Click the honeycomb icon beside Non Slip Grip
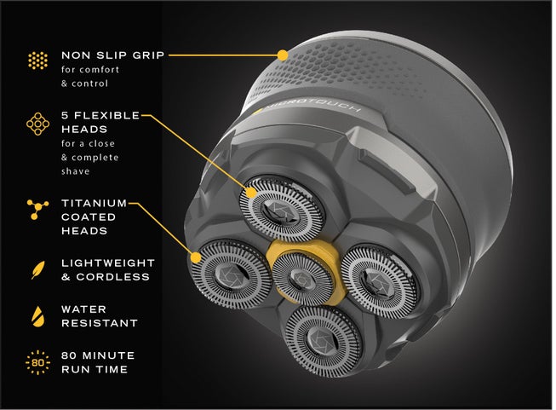point(37,61)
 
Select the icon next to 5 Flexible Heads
point(37,124)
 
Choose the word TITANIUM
point(94,203)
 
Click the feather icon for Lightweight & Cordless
point(37,269)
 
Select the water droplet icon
point(37,315)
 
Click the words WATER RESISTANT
point(99,315)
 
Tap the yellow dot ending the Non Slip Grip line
point(283,54)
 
